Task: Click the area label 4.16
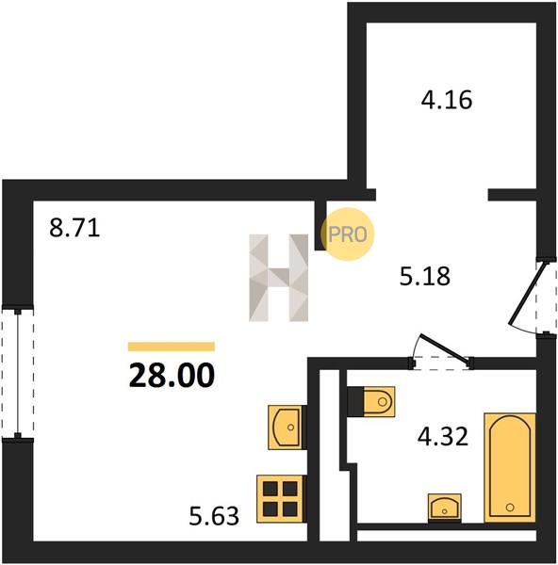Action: [x=446, y=100]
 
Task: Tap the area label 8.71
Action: [x=74, y=228]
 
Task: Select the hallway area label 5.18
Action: [x=425, y=276]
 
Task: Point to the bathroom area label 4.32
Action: [x=443, y=436]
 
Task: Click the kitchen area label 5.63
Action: [x=214, y=516]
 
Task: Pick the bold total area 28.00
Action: [x=172, y=375]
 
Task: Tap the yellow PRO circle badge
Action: [x=348, y=234]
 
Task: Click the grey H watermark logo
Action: [x=278, y=278]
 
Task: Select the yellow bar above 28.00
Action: [x=172, y=347]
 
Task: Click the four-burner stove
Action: [x=280, y=499]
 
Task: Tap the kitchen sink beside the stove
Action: [x=286, y=428]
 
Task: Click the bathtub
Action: [x=510, y=467]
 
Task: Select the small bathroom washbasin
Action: [x=444, y=507]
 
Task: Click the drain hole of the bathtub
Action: [x=510, y=508]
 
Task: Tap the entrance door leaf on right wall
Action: [x=528, y=293]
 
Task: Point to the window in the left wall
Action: [x=18, y=373]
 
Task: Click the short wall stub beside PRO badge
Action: [x=320, y=225]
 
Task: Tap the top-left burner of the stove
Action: [x=271, y=489]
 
